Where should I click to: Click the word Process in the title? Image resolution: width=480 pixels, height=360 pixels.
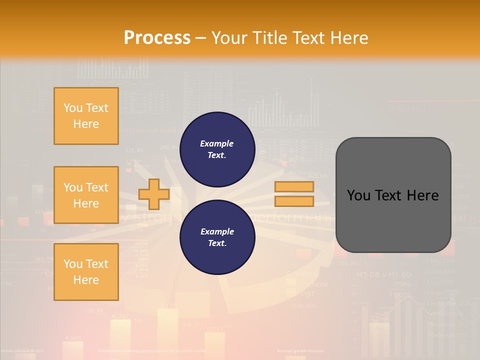(157, 37)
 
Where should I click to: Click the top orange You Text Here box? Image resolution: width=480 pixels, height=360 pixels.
(86, 116)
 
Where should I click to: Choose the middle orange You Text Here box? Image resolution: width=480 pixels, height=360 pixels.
(86, 195)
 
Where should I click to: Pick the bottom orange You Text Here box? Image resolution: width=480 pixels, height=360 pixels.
(86, 271)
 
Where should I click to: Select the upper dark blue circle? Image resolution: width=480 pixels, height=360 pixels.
(217, 149)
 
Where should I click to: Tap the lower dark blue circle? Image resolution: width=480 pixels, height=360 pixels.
(217, 237)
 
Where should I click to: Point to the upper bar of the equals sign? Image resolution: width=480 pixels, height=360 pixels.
(294, 187)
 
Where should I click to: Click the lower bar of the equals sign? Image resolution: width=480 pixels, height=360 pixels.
(294, 201)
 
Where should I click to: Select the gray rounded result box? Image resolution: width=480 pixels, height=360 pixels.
(393, 195)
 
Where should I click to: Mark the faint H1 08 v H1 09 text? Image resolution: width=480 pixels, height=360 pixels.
(383, 274)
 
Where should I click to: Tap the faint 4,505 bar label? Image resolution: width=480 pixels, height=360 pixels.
(73, 338)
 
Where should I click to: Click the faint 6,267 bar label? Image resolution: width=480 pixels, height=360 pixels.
(120, 316)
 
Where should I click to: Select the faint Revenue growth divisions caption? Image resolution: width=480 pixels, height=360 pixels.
(300, 351)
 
